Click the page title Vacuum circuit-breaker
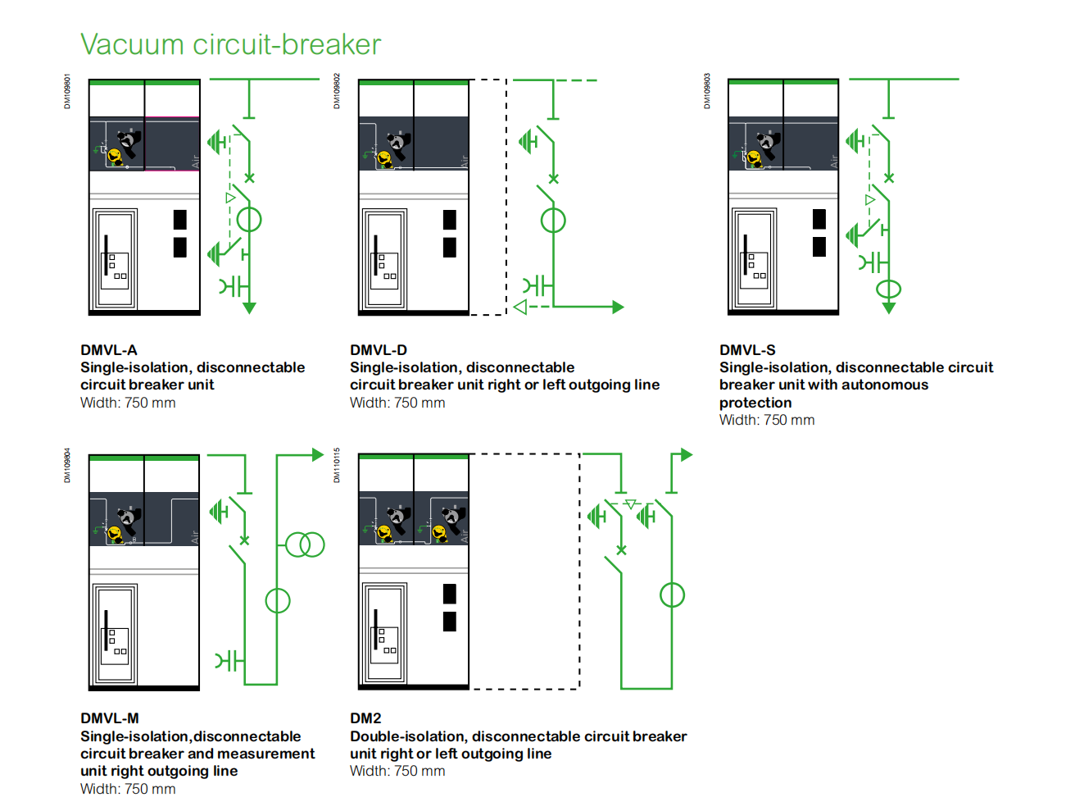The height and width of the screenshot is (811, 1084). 230,44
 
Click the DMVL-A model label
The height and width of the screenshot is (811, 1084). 109,350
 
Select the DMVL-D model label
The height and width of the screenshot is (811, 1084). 379,350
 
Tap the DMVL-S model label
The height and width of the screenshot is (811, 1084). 747,350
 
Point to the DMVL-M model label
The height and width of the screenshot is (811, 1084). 110,718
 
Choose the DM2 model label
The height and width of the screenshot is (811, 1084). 365,718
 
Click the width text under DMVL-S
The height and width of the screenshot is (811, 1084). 767,420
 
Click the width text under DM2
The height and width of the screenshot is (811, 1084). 397,771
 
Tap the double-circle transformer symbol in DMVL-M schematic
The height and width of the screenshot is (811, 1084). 305,544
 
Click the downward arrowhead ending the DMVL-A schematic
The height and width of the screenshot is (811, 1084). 249,308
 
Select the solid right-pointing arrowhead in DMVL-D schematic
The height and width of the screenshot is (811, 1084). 618,307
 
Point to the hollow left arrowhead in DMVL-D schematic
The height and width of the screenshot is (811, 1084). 520,307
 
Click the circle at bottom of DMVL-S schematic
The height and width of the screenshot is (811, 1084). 888,289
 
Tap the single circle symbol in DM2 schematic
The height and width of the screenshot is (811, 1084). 672,595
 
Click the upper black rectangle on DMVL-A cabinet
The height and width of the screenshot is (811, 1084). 180,220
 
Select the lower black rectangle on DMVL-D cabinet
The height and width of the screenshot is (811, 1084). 450,248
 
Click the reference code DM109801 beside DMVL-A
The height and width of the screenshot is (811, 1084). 67,92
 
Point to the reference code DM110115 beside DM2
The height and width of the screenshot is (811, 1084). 337,465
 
